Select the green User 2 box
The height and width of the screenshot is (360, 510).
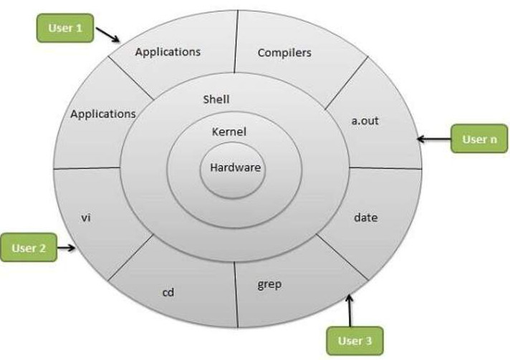click(x=29, y=248)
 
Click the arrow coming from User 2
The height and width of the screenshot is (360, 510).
click(x=68, y=248)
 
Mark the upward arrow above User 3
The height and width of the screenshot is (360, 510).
click(x=350, y=308)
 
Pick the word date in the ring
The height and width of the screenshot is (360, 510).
click(x=365, y=217)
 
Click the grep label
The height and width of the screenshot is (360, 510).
click(x=269, y=284)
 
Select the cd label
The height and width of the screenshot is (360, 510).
click(x=170, y=292)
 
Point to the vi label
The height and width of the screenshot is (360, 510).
click(x=85, y=217)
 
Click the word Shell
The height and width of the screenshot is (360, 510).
click(x=216, y=99)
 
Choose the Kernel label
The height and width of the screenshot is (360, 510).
click(x=229, y=132)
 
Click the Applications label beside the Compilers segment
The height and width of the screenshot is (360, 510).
click(x=168, y=52)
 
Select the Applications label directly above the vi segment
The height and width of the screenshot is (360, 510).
click(x=102, y=113)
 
